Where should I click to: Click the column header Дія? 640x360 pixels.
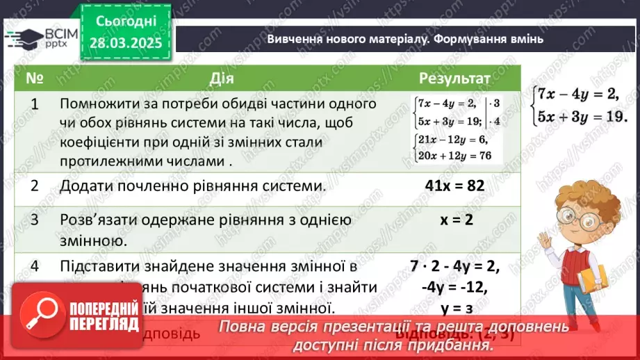pos(217,77)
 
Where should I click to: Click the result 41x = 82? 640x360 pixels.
pos(454,186)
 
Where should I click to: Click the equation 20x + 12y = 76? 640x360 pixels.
pos(453,156)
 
